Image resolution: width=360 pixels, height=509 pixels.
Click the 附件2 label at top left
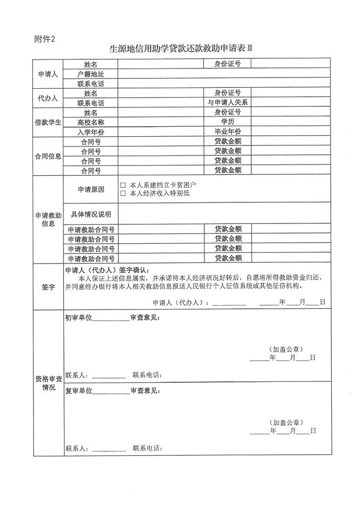point(45,38)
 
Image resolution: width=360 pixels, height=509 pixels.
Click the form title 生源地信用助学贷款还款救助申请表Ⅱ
point(180,49)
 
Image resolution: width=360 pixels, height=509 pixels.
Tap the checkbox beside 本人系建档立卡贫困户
point(123,185)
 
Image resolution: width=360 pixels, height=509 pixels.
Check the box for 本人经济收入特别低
point(123,193)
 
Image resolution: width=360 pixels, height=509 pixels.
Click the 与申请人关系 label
point(228,102)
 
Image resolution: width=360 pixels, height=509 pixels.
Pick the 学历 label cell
point(228,122)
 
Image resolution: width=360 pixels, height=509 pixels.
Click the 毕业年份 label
point(228,131)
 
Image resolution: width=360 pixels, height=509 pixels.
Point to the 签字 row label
point(48,287)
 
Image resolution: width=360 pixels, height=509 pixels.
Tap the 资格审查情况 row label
point(48,383)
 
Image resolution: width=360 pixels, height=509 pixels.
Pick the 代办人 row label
point(48,98)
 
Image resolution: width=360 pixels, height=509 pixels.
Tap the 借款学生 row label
point(48,122)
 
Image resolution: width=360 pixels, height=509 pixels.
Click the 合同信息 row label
point(48,156)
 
